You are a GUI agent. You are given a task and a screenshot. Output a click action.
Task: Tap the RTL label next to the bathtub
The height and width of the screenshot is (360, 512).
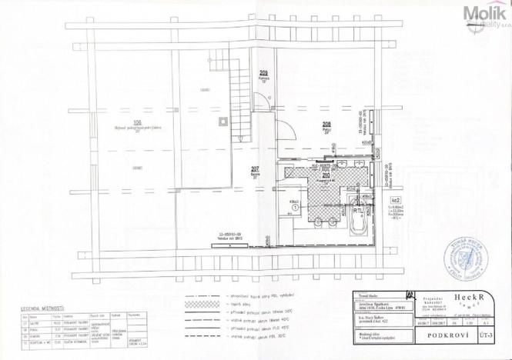point(357,208)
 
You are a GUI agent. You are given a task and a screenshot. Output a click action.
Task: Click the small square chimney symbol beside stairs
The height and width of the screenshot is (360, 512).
point(223,121)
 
